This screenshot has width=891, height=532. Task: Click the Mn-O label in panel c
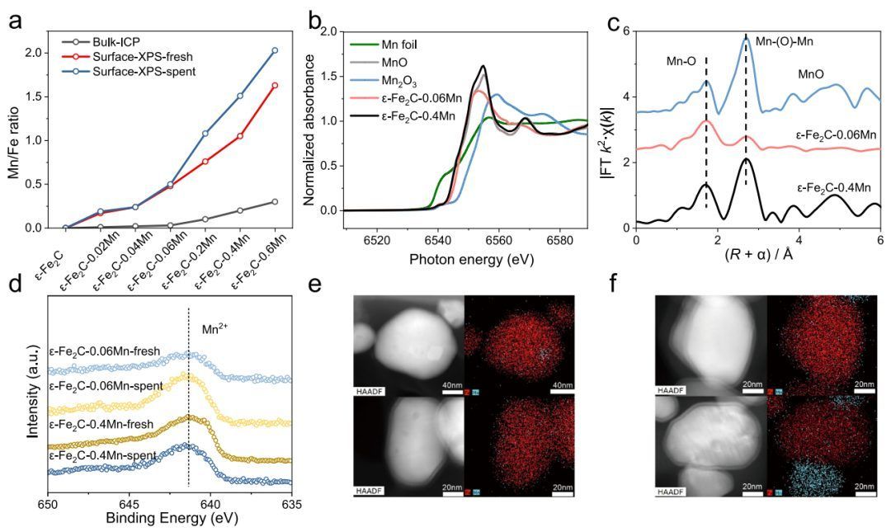coord(682,61)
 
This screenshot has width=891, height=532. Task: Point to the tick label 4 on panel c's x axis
coord(799,241)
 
